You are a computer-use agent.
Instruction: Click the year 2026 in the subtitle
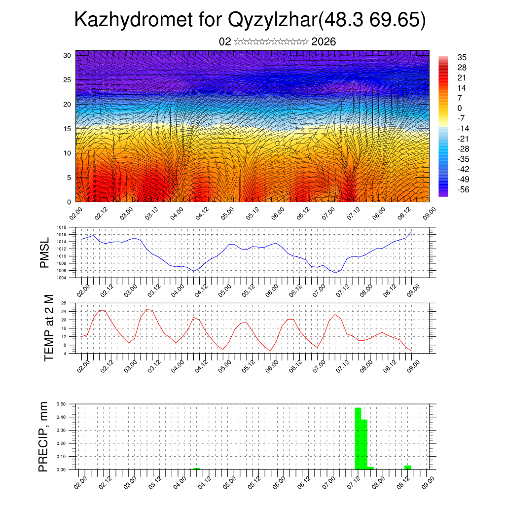point(324,42)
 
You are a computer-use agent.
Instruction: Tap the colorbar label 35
point(462,57)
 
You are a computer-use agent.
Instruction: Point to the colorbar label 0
point(460,108)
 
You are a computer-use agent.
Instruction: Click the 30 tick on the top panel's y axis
point(68,55)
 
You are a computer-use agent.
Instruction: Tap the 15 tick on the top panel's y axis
point(68,129)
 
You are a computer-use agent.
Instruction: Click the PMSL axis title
point(45,252)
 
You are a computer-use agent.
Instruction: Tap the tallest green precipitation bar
point(358,438)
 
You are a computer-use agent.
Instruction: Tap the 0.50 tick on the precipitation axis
point(62,404)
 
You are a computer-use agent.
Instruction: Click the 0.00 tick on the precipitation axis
point(62,470)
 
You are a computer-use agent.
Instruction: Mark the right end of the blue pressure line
point(411,232)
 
